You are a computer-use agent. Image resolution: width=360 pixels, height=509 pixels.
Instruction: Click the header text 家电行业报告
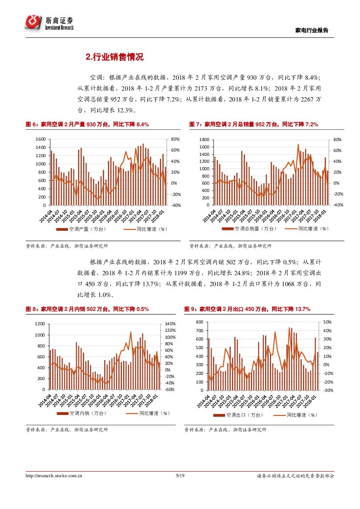pyautogui.click(x=312, y=30)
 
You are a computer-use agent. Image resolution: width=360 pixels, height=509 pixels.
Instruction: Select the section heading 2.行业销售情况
pyautogui.click(x=114, y=57)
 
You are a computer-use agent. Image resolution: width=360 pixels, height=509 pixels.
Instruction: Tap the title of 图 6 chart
pyautogui.click(x=87, y=125)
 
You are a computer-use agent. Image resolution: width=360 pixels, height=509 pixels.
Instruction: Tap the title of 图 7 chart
pyautogui.click(x=253, y=125)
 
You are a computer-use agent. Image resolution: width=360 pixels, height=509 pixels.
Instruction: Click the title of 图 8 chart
pyautogui.click(x=87, y=309)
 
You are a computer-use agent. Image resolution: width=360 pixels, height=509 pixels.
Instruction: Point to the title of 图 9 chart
pyautogui.click(x=247, y=309)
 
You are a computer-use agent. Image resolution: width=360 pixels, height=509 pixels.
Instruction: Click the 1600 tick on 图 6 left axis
pyautogui.click(x=40, y=139)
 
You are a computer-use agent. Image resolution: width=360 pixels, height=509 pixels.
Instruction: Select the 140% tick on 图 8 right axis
pyautogui.click(x=170, y=324)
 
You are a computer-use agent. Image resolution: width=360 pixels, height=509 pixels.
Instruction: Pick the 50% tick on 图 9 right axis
pyautogui.click(x=327, y=322)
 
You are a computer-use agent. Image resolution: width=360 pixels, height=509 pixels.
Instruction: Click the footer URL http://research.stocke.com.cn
pyautogui.click(x=54, y=476)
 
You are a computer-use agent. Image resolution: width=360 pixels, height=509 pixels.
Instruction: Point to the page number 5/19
pyautogui.click(x=180, y=476)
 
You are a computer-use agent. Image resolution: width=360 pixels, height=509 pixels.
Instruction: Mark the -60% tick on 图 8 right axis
pyautogui.click(x=170, y=390)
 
